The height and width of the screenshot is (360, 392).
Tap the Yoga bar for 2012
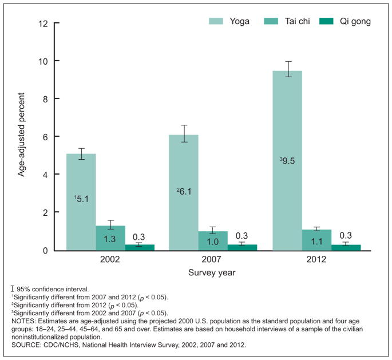click(287, 160)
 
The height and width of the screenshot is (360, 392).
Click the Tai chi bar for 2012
click(317, 240)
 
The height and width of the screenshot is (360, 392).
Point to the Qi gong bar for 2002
click(140, 247)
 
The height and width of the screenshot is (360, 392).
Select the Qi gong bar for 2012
click(346, 247)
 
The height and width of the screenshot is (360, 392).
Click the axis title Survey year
click(212, 272)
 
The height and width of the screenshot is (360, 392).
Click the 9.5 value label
click(288, 161)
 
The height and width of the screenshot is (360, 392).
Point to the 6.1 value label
click(184, 192)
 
